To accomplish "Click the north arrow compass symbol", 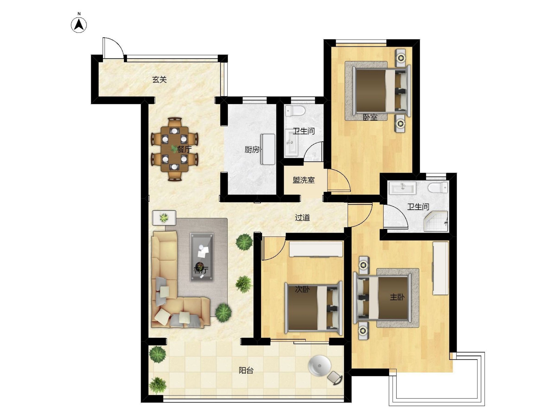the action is tap(79, 25).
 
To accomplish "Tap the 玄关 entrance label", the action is tap(160, 80).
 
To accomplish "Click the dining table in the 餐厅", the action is tap(175, 149).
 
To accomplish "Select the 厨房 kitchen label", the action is tap(252, 150).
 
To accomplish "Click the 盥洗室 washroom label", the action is tap(304, 180).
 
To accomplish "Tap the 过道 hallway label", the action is tap(302, 217).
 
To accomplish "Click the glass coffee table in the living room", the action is tap(202, 257).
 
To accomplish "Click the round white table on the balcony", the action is tap(320, 366).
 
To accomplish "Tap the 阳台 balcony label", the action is tap(246, 370).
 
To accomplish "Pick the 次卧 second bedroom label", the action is tap(302, 289).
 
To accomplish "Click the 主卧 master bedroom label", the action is tap(397, 297).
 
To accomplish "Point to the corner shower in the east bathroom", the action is tap(436, 221).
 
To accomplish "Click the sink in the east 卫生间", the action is tap(403, 188).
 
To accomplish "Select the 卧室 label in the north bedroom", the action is tap(370, 117).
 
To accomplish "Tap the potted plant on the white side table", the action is tap(164, 218).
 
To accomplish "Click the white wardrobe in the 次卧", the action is tap(316, 249).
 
